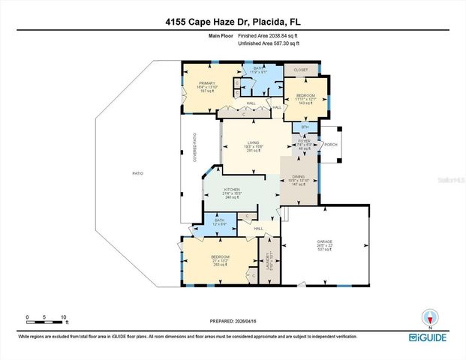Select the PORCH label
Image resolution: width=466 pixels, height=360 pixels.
331,145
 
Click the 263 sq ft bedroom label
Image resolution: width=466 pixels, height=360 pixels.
220,260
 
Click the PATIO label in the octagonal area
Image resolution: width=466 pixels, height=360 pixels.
137,173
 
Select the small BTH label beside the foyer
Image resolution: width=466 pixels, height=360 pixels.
304,127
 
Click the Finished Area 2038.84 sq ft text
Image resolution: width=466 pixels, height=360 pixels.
269,36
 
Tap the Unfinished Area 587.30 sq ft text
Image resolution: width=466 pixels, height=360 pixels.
269,44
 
